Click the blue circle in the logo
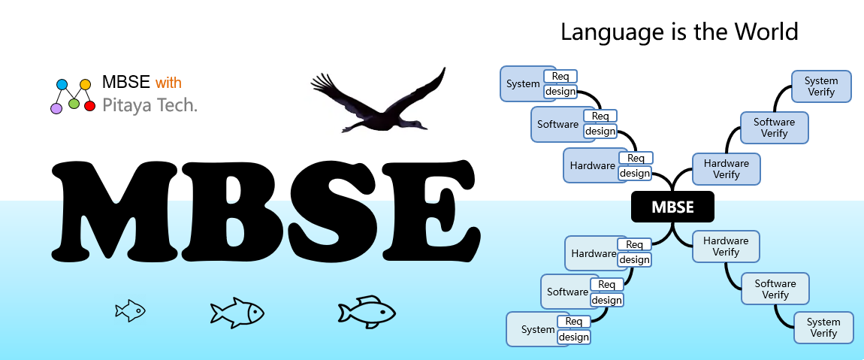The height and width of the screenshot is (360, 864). click(62, 84)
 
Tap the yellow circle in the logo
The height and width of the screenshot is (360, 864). click(85, 84)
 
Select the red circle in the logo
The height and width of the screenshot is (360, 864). click(90, 106)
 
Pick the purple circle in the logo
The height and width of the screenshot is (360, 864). click(56, 108)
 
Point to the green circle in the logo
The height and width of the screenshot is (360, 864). click(74, 103)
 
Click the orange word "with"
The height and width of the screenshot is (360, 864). click(168, 83)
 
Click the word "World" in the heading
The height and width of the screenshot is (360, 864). click(766, 32)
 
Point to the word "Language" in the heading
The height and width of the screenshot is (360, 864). click(610, 33)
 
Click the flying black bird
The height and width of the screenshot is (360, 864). click(378, 102)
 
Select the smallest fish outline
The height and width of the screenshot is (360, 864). click(130, 310)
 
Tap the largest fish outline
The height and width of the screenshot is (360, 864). click(367, 312)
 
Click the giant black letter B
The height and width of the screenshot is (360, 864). click(231, 211)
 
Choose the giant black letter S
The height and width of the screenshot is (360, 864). click(334, 211)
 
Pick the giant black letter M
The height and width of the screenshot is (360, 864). click(114, 212)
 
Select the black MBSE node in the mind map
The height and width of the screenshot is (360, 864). click(672, 207)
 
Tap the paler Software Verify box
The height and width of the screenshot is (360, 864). click(775, 289)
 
